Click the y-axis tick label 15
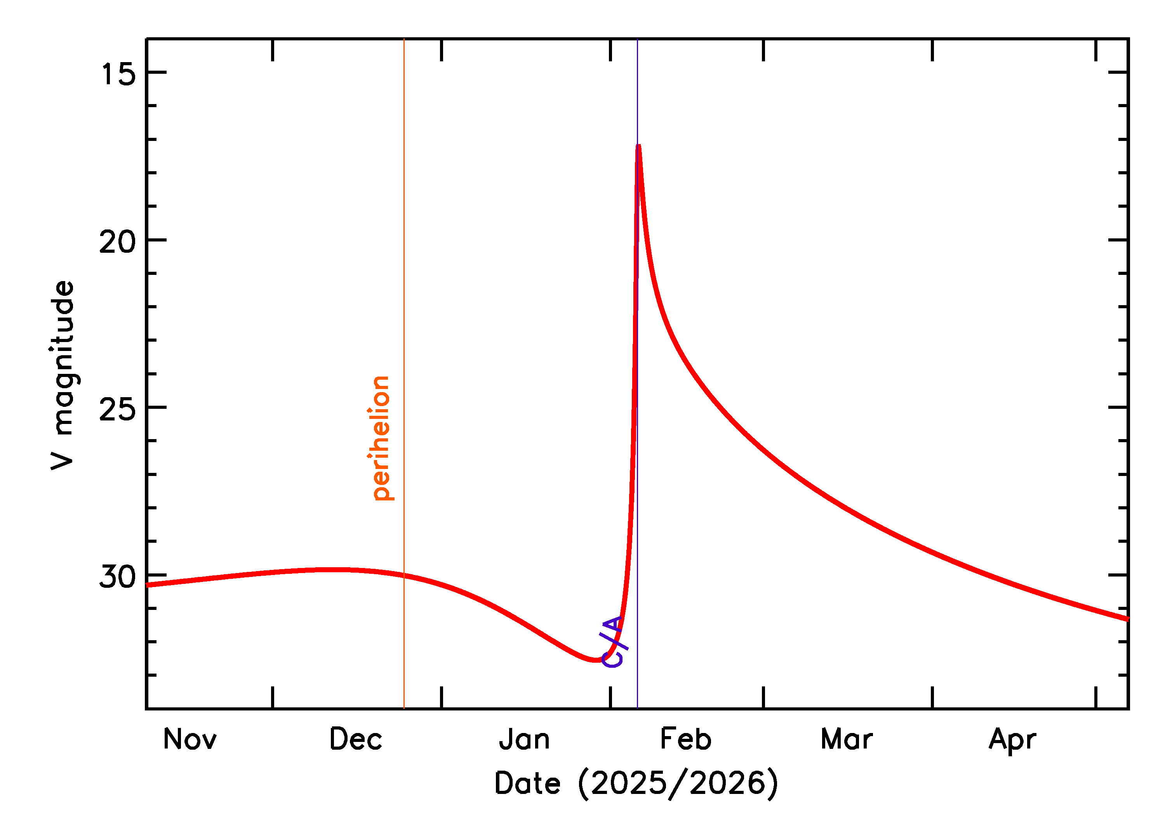click(118, 74)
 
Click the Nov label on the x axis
click(190, 740)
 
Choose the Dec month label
click(356, 740)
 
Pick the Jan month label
click(524, 740)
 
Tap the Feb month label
click(685, 740)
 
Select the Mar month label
click(847, 740)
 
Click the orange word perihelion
click(381, 438)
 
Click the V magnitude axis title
click(63, 375)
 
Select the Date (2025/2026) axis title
click(636, 783)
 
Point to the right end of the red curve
click(1127, 619)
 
